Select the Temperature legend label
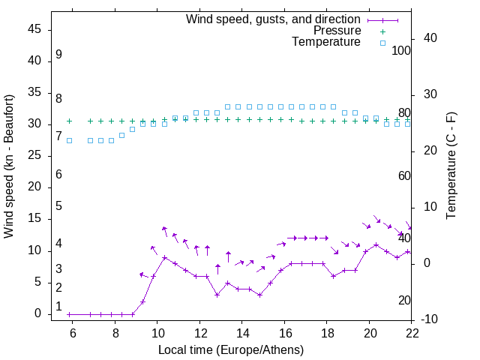tap(326, 42)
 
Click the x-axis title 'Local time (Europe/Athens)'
tap(231, 349)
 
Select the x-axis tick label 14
tap(242, 333)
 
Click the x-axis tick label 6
tap(73, 333)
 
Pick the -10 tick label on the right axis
tap(430, 320)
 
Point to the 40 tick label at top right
tap(430, 38)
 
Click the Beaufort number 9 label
tap(58, 55)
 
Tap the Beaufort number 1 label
tap(58, 306)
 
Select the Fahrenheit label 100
tap(401, 50)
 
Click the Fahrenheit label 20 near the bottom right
tap(404, 300)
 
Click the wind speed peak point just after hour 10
tap(164, 257)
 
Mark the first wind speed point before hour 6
tap(69, 314)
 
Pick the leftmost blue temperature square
tap(69, 140)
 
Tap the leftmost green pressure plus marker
tap(69, 121)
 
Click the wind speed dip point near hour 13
tap(217, 295)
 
